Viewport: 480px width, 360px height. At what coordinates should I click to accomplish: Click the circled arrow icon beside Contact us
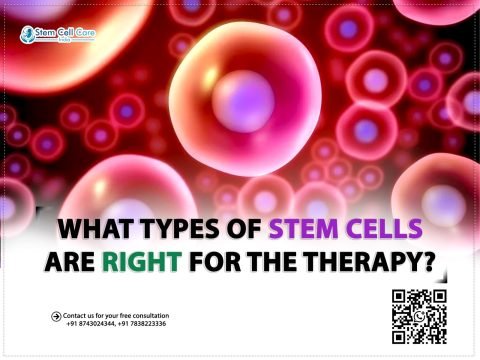(56, 317)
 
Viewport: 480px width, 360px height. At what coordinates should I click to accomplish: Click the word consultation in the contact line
(147, 315)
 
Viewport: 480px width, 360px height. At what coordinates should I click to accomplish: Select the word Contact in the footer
(78, 315)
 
